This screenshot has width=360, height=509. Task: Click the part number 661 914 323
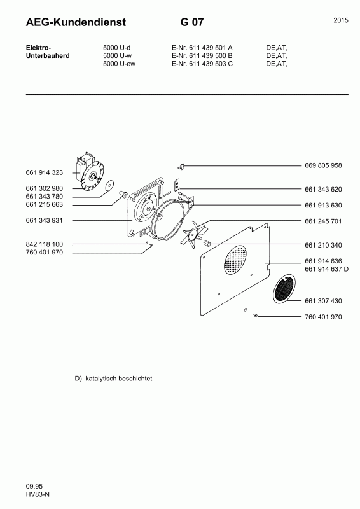[x=45, y=172]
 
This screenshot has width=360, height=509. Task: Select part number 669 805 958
[x=323, y=165]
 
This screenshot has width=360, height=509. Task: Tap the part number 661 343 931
[x=45, y=220]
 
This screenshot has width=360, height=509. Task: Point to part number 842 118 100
[x=45, y=244]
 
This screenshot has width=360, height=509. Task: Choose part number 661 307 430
[x=323, y=301]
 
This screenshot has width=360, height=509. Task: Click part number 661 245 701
[x=323, y=221]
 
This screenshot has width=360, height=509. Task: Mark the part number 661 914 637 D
[x=327, y=269]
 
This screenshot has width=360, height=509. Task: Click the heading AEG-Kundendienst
[x=76, y=23]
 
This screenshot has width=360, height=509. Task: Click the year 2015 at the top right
[x=340, y=21]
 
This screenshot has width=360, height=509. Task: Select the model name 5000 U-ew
[x=118, y=64]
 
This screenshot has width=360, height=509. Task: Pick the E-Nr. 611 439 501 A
[x=202, y=48]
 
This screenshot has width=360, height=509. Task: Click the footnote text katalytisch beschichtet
[x=119, y=379]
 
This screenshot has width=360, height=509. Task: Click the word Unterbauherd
[x=47, y=55]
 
